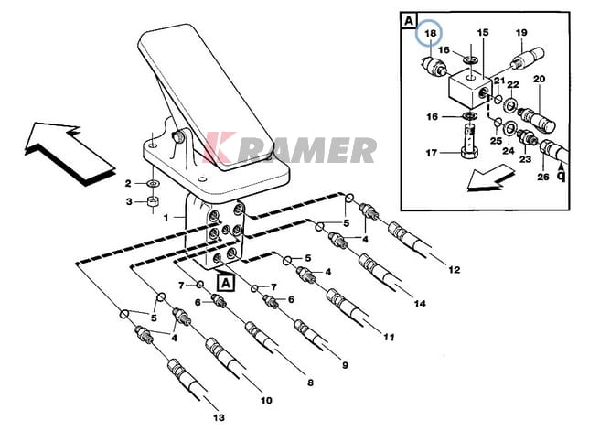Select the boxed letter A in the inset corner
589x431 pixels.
coord(407,21)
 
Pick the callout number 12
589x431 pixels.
coord(455,270)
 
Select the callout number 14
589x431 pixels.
coord(420,303)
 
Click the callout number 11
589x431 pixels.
coord(388,337)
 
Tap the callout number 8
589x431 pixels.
coord(310,382)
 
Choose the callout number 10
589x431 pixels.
coord(265,400)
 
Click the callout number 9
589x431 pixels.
coord(345,366)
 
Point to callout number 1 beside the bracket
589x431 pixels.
coord(167,220)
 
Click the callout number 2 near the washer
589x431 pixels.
coord(130,183)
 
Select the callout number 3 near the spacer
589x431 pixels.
coord(130,202)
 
